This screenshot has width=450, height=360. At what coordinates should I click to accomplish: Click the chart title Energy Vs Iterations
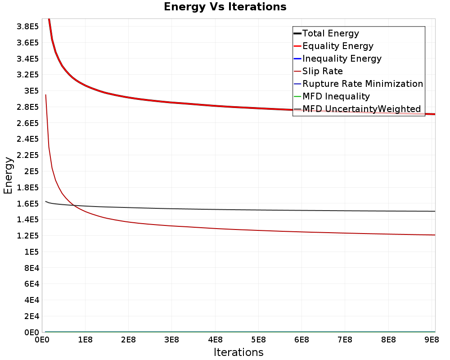(x=225, y=7)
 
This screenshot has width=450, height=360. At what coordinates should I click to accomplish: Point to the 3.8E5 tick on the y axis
(x=27, y=27)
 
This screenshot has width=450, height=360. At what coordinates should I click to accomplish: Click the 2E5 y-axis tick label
(x=31, y=171)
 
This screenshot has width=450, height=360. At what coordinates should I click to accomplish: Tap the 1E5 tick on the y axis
(x=31, y=252)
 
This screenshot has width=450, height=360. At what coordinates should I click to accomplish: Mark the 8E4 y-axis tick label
(x=31, y=268)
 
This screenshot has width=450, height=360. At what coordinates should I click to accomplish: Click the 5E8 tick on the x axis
(x=258, y=340)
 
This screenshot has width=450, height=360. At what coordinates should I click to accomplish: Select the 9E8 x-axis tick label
(x=432, y=340)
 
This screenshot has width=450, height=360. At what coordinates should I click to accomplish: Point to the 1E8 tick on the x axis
(x=85, y=340)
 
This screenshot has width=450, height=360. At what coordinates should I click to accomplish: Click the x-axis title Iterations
(x=238, y=352)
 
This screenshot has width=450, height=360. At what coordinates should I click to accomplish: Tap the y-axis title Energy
(x=8, y=175)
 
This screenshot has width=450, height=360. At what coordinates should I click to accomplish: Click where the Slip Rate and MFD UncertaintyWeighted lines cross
(x=74, y=205)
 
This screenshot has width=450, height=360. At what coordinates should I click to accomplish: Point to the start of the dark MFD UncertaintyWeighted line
(x=45, y=202)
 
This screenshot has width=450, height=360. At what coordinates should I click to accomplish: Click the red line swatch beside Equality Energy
(x=297, y=46)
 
